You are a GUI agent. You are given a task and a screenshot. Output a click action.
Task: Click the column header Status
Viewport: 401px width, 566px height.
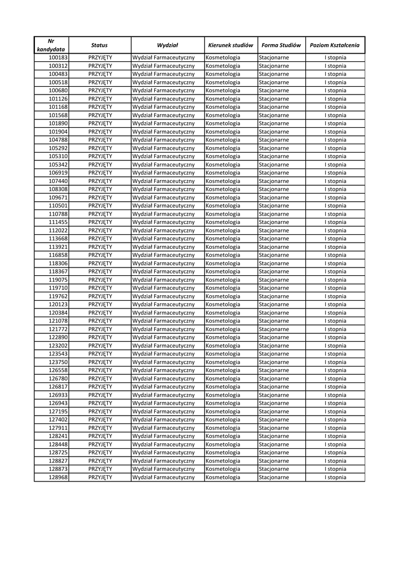(x=100, y=45)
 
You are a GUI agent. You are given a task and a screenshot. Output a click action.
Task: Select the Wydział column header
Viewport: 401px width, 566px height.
(x=167, y=45)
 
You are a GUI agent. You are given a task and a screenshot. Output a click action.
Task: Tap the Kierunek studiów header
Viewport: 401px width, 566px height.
(x=231, y=45)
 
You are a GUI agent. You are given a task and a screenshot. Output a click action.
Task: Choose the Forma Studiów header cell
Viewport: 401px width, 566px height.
(x=281, y=45)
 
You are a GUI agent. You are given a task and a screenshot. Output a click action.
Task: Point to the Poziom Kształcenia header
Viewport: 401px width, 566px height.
(x=335, y=45)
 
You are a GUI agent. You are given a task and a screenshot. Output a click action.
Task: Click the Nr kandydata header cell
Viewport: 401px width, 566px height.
(x=51, y=45)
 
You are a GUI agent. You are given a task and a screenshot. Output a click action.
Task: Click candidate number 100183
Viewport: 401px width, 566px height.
(x=58, y=57)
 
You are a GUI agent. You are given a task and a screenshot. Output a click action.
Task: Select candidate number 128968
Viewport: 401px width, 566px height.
(x=58, y=477)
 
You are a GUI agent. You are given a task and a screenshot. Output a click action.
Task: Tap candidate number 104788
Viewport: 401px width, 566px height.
(x=58, y=140)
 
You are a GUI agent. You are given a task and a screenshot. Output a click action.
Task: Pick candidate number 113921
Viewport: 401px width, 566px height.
(x=58, y=247)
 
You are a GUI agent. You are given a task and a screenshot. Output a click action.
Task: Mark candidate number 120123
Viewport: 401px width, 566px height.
(x=58, y=305)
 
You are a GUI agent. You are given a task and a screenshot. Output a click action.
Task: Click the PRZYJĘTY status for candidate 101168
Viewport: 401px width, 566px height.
(x=100, y=107)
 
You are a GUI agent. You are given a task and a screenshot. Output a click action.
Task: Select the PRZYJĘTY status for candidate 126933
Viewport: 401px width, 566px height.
(x=100, y=395)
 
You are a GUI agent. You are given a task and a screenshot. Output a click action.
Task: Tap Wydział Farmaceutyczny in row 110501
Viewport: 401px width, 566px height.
(x=164, y=206)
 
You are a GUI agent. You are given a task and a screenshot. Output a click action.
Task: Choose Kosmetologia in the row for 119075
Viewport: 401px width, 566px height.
(x=223, y=280)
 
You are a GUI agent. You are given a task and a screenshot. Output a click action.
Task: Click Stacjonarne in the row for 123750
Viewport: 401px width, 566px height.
(x=274, y=362)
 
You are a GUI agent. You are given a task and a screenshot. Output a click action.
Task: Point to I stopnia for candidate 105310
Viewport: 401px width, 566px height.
(x=335, y=156)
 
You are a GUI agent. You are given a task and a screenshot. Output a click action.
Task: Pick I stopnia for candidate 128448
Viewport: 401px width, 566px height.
(x=335, y=444)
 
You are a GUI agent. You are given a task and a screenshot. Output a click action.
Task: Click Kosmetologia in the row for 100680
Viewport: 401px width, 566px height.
(x=223, y=90)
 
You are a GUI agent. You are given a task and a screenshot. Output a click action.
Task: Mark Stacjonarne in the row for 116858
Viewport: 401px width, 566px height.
(x=274, y=255)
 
